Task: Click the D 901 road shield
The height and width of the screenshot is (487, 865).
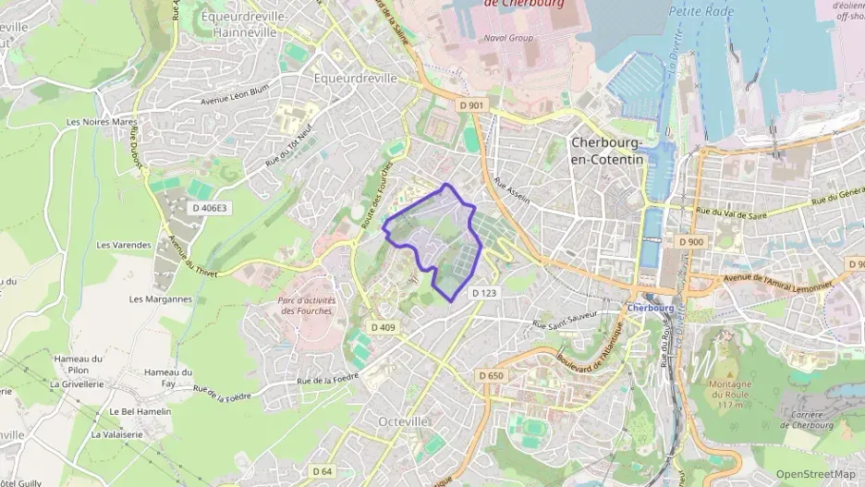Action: click(471, 105)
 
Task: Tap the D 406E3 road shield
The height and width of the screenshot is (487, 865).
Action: click(207, 209)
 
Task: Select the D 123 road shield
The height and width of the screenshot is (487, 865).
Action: click(484, 293)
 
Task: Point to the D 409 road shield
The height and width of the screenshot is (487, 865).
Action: click(383, 327)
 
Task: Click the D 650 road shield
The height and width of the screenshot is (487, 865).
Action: click(492, 375)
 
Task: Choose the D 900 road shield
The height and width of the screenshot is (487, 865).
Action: click(690, 241)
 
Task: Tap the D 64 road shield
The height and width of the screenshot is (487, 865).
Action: click(322, 471)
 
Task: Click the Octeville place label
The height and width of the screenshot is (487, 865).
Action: click(404, 421)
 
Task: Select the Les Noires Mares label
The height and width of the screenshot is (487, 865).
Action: click(102, 122)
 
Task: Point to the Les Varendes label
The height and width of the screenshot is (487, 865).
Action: click(124, 245)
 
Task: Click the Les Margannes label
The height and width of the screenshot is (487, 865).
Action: click(161, 298)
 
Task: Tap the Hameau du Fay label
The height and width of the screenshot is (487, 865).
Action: click(167, 378)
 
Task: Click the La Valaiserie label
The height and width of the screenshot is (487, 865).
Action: click(120, 433)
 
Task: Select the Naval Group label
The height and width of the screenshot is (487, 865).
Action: click(509, 38)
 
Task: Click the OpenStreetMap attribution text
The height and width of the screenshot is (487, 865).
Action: click(815, 474)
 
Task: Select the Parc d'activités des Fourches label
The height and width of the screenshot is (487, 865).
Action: click(308, 306)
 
